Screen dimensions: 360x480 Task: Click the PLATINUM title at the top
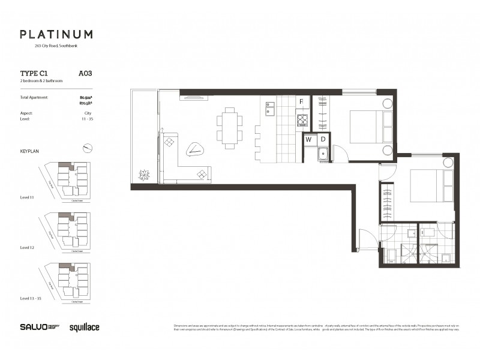tap(56, 35)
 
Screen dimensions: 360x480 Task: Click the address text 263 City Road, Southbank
tap(56, 46)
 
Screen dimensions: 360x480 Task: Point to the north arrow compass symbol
tap(88, 148)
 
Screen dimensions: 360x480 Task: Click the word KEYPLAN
tap(29, 152)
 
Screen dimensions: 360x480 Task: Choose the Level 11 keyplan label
tap(28, 197)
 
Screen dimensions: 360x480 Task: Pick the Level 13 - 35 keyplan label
tap(31, 298)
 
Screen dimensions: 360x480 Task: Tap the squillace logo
tap(85, 327)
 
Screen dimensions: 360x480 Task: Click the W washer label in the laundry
tap(309, 139)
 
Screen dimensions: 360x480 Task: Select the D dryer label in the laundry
tap(323, 139)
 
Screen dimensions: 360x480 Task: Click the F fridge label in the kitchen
tap(302, 102)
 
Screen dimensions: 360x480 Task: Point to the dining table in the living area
tap(230, 128)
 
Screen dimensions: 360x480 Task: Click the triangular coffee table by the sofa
tap(196, 149)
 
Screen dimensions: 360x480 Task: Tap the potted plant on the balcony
tap(144, 175)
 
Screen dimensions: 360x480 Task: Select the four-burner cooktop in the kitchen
tap(302, 119)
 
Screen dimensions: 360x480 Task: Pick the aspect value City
tap(88, 113)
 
